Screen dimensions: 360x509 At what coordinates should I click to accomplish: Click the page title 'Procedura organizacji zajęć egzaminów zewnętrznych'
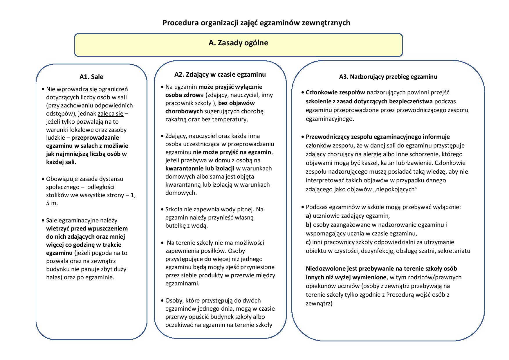tap(256, 23)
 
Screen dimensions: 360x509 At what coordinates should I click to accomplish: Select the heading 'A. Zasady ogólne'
tap(238, 43)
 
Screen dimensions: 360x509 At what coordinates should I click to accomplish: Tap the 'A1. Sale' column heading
tap(91, 77)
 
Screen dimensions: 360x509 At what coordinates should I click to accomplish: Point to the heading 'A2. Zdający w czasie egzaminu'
tap(220, 74)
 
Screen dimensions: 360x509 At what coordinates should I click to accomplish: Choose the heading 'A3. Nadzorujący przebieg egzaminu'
tap(388, 77)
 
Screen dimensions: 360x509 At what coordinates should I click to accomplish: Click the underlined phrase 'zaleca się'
tap(111, 114)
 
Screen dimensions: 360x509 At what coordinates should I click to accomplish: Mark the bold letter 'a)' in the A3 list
tap(308, 216)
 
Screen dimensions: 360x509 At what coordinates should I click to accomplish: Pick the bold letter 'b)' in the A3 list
tap(308, 224)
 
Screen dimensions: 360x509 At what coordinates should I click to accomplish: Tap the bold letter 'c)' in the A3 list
tap(308, 242)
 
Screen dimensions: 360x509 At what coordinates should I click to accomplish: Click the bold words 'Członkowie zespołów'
tap(335, 93)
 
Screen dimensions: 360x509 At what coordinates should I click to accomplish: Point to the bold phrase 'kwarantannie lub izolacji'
tap(200, 168)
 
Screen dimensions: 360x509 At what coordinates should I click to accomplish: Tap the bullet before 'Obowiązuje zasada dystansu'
tap(43, 179)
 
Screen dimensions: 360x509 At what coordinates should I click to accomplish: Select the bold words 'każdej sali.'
tap(61, 162)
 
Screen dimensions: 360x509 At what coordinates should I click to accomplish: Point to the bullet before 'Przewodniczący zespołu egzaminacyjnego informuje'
tap(303, 137)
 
